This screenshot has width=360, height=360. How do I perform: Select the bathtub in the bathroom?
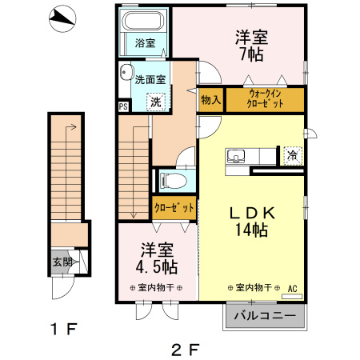click(x=144, y=22)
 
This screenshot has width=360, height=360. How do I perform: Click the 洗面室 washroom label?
click(x=150, y=79)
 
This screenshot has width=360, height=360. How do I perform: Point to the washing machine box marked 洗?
click(x=157, y=101)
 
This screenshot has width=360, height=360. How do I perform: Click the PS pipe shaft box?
click(x=123, y=106)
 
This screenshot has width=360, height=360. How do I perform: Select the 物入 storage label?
click(x=210, y=100)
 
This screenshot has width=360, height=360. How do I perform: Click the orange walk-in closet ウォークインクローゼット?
click(x=264, y=100)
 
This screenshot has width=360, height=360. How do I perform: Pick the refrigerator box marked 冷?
click(x=293, y=155)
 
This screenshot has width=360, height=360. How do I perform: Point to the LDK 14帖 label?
click(x=253, y=222)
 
